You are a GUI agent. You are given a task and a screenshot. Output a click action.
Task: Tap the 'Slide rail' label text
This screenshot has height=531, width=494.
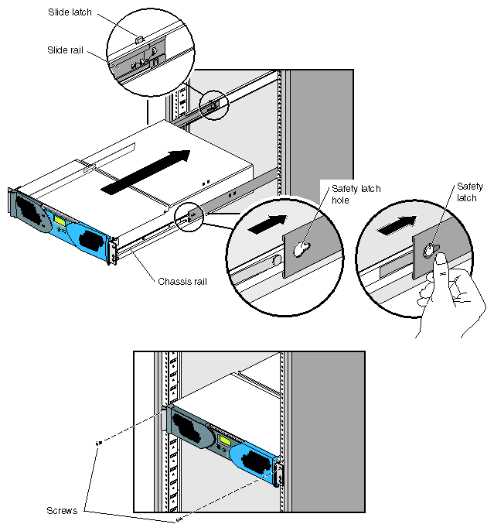64,50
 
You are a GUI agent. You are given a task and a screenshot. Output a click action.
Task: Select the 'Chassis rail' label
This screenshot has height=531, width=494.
182,281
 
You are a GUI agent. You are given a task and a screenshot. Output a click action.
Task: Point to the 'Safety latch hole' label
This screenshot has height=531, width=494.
356,194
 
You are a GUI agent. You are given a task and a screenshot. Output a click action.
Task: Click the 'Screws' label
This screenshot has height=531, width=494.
62,511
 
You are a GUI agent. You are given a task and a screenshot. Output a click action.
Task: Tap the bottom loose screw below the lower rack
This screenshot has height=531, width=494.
179,519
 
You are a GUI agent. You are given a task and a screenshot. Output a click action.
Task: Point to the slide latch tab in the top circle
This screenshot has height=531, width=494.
139,36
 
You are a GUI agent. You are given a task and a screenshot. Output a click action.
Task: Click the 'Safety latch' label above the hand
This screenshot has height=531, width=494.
469,192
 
